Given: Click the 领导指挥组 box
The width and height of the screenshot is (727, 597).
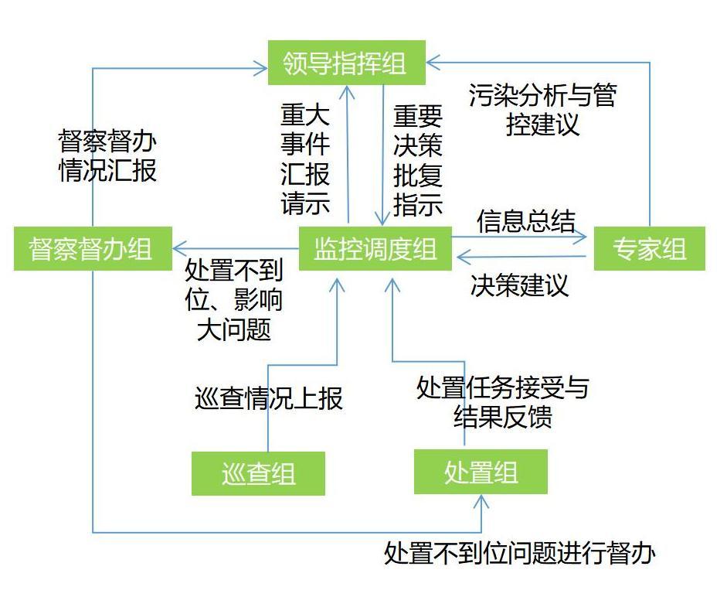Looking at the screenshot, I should [346, 63].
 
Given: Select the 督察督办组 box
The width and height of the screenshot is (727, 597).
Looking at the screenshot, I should [92, 249].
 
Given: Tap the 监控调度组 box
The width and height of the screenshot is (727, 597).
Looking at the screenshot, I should [375, 249].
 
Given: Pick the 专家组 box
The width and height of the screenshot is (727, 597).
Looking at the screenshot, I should [649, 249].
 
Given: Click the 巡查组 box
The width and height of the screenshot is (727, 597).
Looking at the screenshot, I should [258, 472].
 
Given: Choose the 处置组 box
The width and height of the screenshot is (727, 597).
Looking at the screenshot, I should [481, 472].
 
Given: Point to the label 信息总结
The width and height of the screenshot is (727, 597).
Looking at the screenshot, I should [525, 221].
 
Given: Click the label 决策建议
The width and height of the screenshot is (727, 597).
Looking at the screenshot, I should [519, 285].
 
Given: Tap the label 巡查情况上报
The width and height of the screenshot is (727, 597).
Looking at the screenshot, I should [268, 398].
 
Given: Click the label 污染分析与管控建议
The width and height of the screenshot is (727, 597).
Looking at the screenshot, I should [542, 110].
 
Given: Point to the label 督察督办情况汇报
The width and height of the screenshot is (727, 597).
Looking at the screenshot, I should [107, 156].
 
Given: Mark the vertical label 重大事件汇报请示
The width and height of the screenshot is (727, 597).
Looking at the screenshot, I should [305, 159].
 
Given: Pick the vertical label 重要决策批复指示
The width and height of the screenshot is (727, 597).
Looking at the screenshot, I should [418, 160].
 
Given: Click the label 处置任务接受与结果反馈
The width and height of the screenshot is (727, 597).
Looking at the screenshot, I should [502, 401].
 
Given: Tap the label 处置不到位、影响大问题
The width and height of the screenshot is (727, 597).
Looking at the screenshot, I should [234, 300].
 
